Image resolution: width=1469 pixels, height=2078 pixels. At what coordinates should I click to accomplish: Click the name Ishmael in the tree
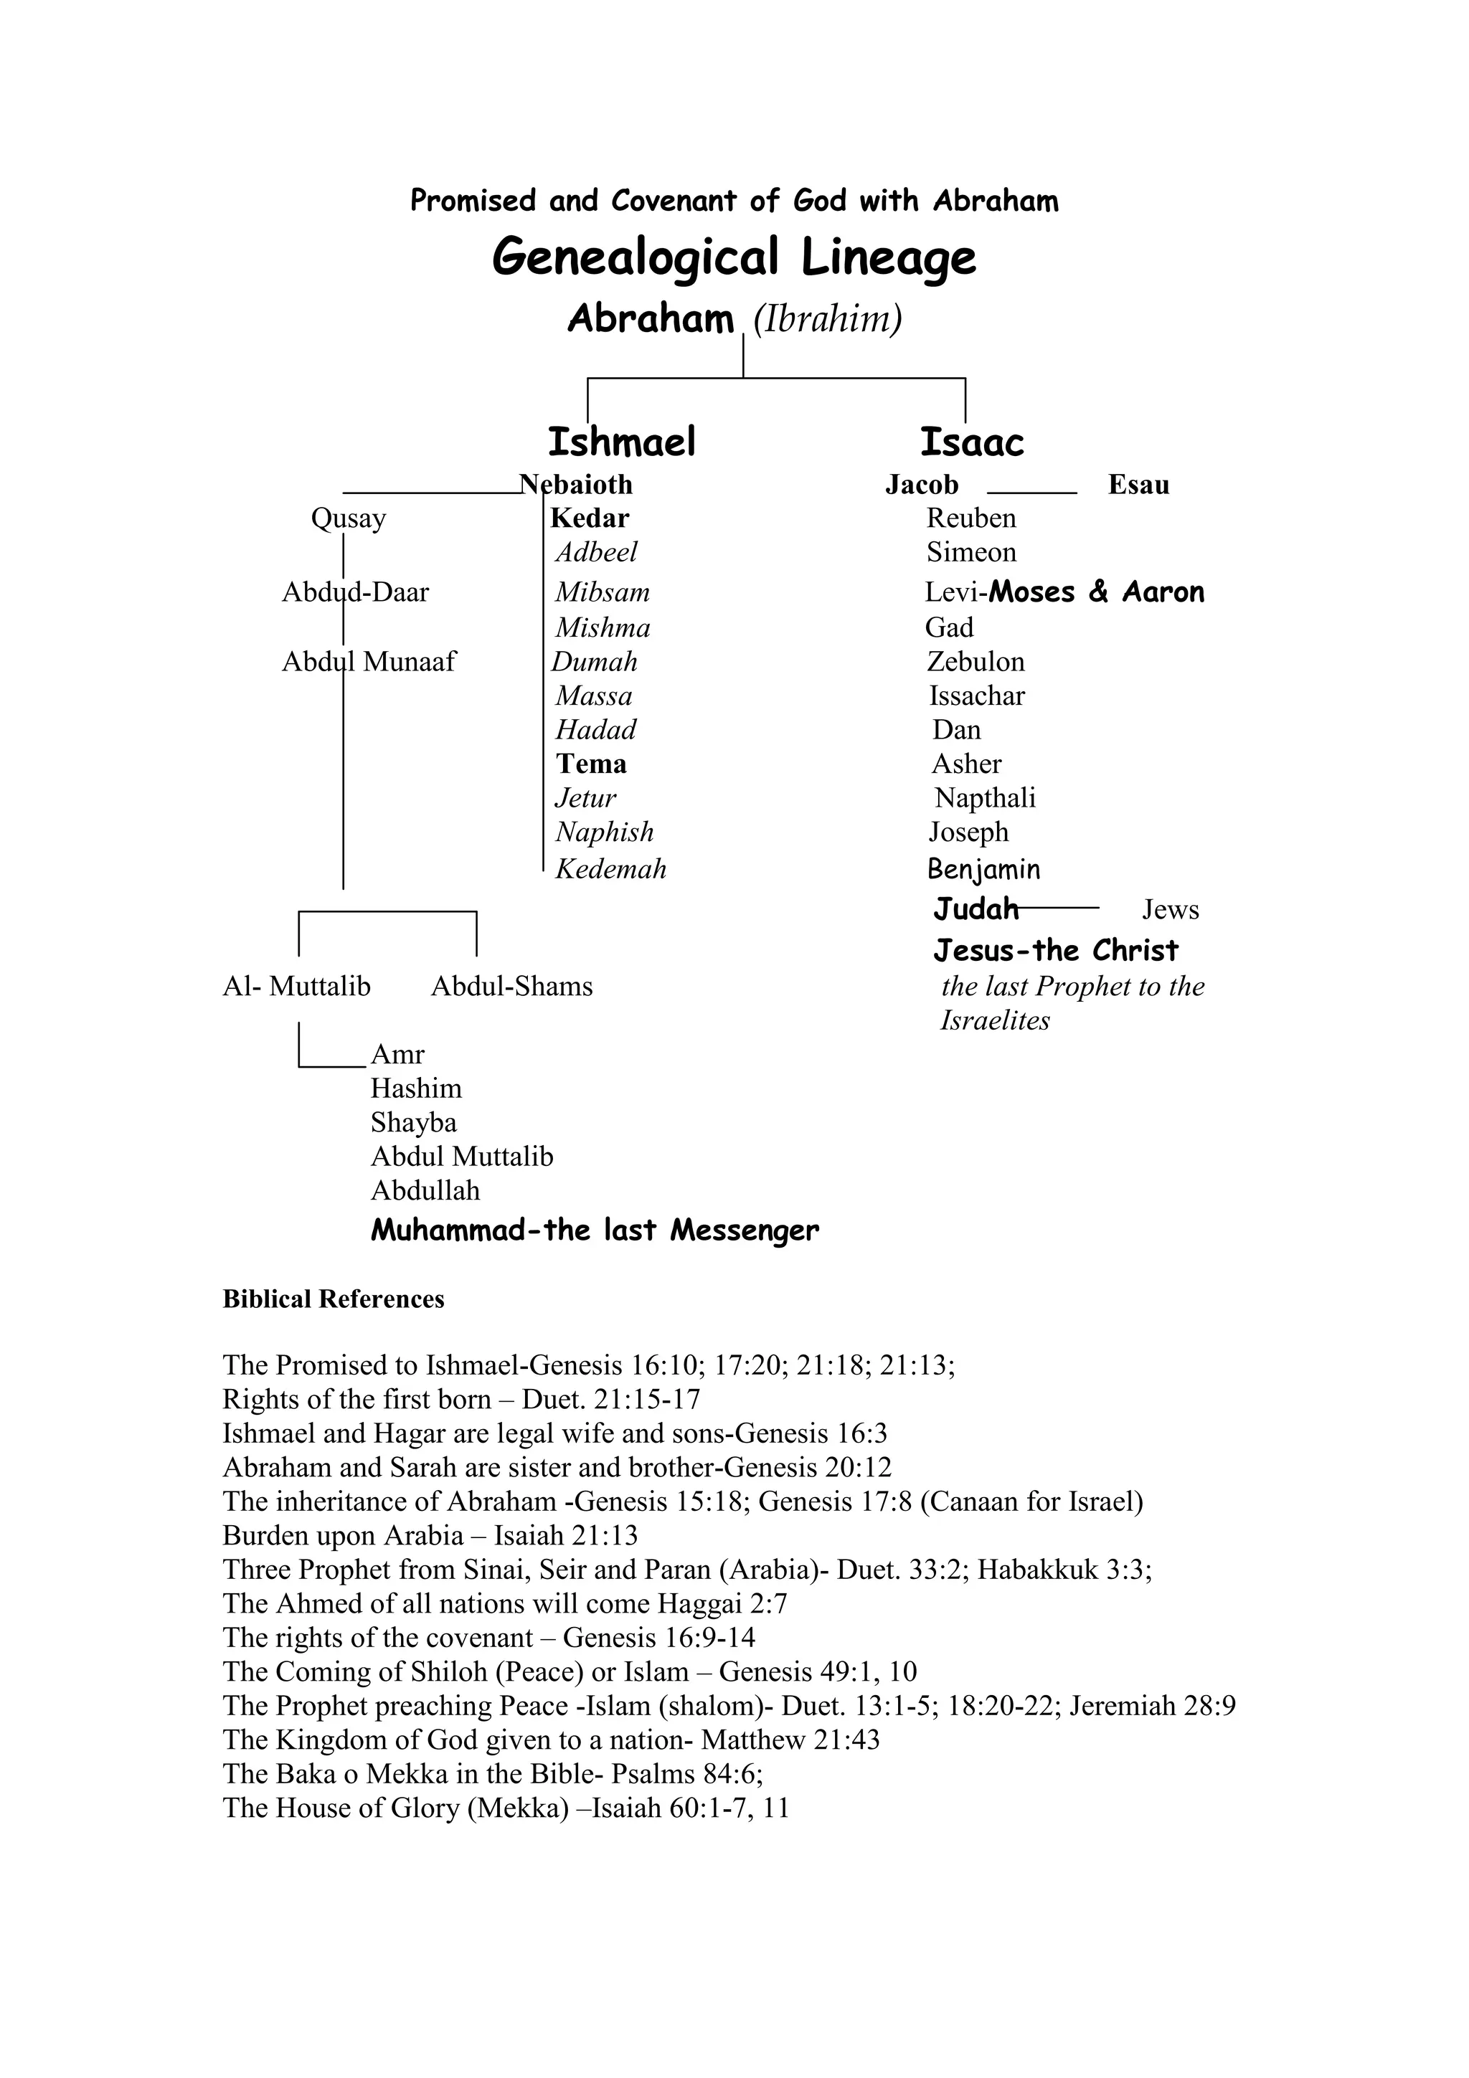click(x=622, y=442)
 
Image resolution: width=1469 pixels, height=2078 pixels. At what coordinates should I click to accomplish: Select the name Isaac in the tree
click(x=972, y=442)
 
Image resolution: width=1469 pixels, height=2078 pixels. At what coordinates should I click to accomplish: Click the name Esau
click(x=1138, y=485)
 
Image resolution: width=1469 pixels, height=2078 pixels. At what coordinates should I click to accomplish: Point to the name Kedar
click(x=589, y=518)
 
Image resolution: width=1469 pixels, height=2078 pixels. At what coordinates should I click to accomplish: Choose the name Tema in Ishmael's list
click(x=591, y=764)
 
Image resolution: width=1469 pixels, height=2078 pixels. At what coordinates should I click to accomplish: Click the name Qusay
click(x=349, y=518)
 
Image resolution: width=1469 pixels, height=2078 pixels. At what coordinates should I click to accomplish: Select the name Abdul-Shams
click(x=511, y=986)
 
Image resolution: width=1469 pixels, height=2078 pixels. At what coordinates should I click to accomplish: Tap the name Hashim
click(x=415, y=1088)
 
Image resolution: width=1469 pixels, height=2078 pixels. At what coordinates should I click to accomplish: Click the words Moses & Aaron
click(x=1096, y=593)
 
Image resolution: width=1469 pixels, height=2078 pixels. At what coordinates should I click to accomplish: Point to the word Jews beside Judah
click(x=1171, y=910)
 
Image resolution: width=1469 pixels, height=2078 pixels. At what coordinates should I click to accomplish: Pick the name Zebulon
click(x=976, y=662)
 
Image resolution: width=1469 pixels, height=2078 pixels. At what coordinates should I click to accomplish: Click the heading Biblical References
click(x=333, y=1300)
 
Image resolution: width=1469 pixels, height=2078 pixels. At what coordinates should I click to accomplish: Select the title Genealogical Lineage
click(x=734, y=258)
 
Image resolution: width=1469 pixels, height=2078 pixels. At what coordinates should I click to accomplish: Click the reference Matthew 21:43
click(x=790, y=1740)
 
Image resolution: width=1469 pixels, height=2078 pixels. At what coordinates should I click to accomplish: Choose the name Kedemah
click(x=611, y=869)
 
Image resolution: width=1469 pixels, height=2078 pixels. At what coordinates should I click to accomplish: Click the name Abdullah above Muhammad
click(x=425, y=1190)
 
